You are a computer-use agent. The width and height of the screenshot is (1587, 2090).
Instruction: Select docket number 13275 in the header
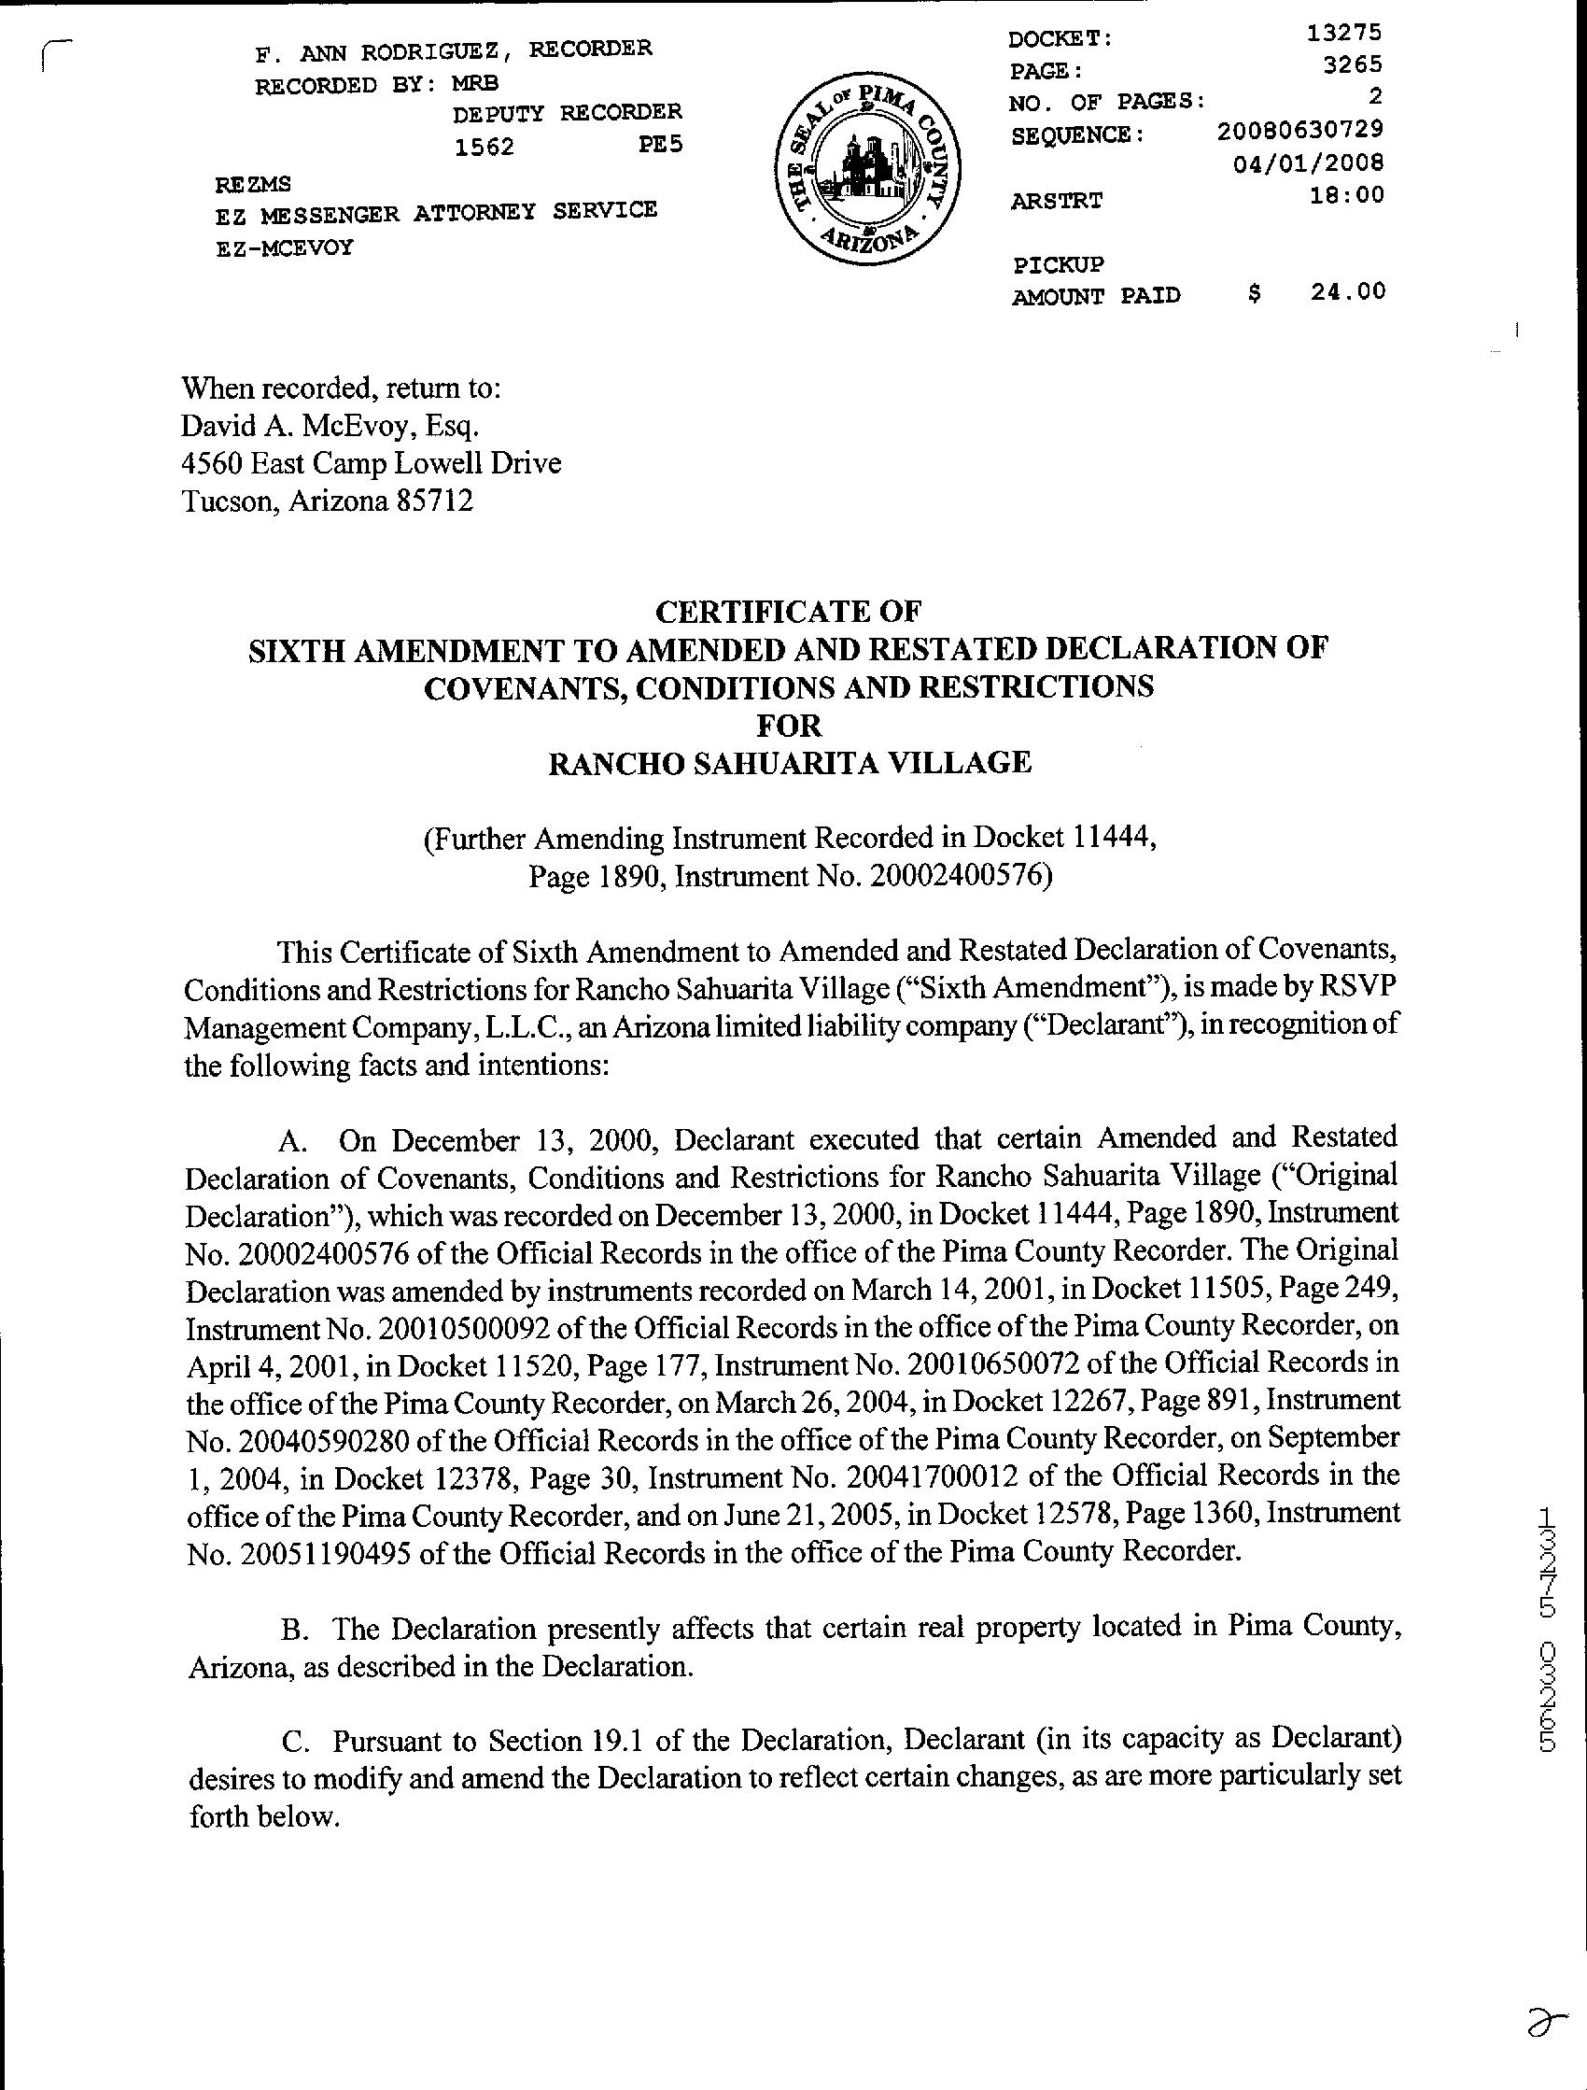pyautogui.click(x=1344, y=33)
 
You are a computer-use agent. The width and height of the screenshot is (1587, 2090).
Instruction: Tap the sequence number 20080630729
pyautogui.click(x=1300, y=129)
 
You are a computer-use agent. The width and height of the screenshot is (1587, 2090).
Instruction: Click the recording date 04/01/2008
pyautogui.click(x=1308, y=162)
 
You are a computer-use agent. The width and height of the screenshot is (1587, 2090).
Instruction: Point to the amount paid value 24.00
pyautogui.click(x=1348, y=291)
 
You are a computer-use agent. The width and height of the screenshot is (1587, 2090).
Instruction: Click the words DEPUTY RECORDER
pyautogui.click(x=567, y=113)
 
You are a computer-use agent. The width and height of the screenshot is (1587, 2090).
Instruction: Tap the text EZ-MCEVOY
pyautogui.click(x=285, y=248)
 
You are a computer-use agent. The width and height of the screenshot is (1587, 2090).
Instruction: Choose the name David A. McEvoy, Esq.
pyautogui.click(x=330, y=426)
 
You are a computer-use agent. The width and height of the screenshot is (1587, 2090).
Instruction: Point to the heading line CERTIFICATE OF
pyautogui.click(x=788, y=613)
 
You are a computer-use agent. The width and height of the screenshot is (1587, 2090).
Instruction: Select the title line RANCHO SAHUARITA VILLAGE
pyautogui.click(x=790, y=762)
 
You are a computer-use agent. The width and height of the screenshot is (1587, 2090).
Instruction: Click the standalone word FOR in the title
pyautogui.click(x=790, y=726)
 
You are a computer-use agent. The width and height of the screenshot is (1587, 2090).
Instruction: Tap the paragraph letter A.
pyautogui.click(x=292, y=1141)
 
